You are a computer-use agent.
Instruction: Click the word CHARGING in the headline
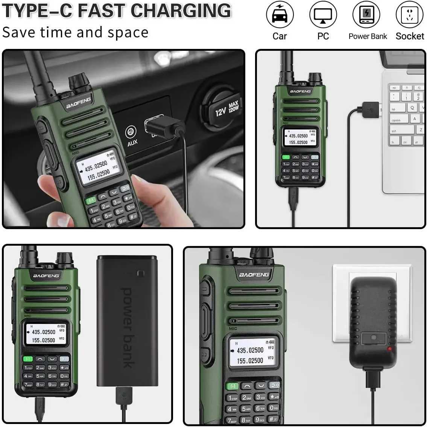[x=178, y=11]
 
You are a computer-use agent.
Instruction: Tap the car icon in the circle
[x=280, y=15]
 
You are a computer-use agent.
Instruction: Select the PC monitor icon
[x=323, y=15]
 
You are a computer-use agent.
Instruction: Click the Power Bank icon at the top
[x=366, y=15]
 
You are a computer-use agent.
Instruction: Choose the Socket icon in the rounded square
[x=410, y=15]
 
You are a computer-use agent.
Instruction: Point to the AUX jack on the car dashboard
[x=131, y=132]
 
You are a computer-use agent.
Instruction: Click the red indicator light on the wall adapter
[x=389, y=349]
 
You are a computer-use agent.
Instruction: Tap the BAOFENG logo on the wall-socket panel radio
[x=254, y=275]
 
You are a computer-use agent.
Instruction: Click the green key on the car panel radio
[x=91, y=200]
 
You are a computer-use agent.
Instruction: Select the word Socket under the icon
[x=410, y=36]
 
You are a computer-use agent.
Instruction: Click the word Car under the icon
[x=280, y=36]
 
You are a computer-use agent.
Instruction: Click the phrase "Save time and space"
[x=75, y=32]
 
